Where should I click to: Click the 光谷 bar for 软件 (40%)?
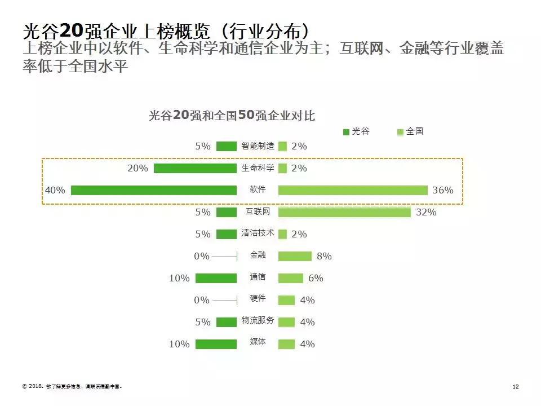pyautogui.click(x=153, y=190)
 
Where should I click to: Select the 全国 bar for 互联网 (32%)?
pyautogui.click(x=344, y=212)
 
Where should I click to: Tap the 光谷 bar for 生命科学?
pyautogui.click(x=195, y=168)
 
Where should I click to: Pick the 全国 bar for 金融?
pyautogui.click(x=295, y=256)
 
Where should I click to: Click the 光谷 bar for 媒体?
pyautogui.click(x=216, y=344)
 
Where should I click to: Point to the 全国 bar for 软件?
pyautogui.click(x=353, y=190)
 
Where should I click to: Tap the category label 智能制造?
pyautogui.click(x=258, y=146)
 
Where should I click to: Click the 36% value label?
pyautogui.click(x=442, y=191)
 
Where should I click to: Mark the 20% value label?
pyautogui.click(x=138, y=168)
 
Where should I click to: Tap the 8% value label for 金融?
pyautogui.click(x=324, y=257)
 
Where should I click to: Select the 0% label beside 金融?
pyautogui.click(x=201, y=256)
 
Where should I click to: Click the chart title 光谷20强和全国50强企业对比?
pyautogui.click(x=232, y=116)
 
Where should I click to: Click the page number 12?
pyautogui.click(x=515, y=387)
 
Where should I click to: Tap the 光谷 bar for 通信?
pyautogui.click(x=216, y=278)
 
